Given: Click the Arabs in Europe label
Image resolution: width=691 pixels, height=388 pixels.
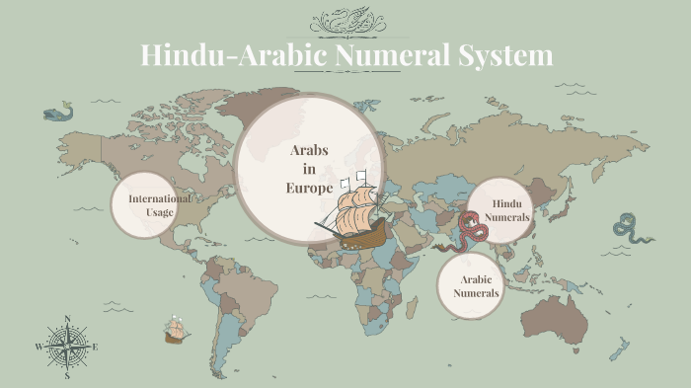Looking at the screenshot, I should (309, 169).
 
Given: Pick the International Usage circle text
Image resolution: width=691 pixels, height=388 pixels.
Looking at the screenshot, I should (160, 204).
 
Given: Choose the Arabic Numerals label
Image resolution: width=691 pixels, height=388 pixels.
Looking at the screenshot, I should (477, 286).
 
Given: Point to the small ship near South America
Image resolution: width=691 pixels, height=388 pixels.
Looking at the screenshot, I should (177, 330).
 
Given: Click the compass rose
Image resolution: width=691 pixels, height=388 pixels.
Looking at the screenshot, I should (67, 347).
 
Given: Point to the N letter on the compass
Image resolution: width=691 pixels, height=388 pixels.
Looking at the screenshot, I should (67, 319).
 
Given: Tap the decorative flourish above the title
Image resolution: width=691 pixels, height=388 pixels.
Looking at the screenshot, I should (345, 21).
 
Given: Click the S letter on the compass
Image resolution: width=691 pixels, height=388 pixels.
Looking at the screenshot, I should (67, 376).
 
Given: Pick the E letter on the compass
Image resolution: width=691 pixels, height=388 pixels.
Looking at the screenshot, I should (95, 348).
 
